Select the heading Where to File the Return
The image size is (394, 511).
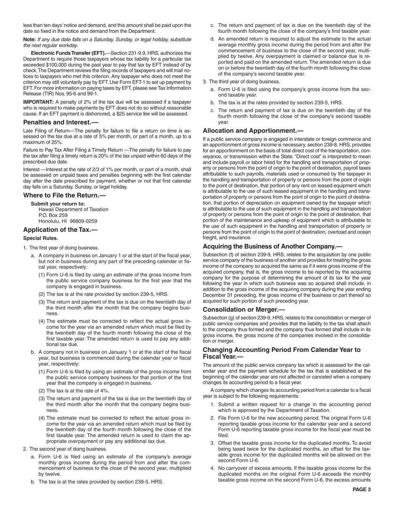click(x=61, y=195)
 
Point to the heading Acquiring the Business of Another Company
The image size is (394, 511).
click(x=272, y=246)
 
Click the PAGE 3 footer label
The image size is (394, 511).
click(x=362, y=489)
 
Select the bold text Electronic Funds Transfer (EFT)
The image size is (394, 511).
click(x=68, y=53)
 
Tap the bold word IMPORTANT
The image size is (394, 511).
click(x=38, y=102)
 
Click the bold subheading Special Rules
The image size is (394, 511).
click(x=41, y=238)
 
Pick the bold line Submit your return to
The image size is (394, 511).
click(x=58, y=204)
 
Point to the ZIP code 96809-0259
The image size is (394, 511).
click(x=83, y=221)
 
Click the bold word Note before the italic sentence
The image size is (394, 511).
click(x=29, y=39)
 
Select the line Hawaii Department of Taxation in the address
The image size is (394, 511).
click(x=73, y=209)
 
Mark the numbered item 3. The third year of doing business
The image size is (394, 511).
click(x=241, y=81)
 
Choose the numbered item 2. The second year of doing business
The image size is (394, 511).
click(x=65, y=449)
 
